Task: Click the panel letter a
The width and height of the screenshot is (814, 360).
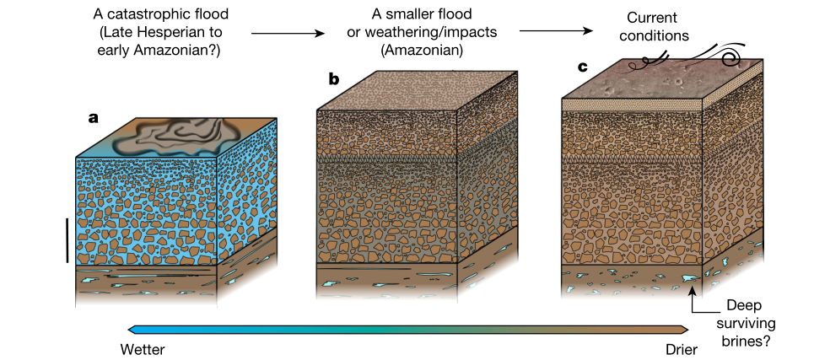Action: (x=94, y=119)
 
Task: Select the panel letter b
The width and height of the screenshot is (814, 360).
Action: (x=334, y=79)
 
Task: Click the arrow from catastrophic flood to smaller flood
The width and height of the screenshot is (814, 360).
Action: (x=288, y=34)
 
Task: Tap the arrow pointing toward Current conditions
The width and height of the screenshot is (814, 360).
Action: (x=554, y=32)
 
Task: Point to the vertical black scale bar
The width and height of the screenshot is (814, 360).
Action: (x=67, y=240)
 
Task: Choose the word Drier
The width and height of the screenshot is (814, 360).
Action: (x=679, y=348)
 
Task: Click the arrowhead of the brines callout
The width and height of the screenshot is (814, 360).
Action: (x=693, y=292)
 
